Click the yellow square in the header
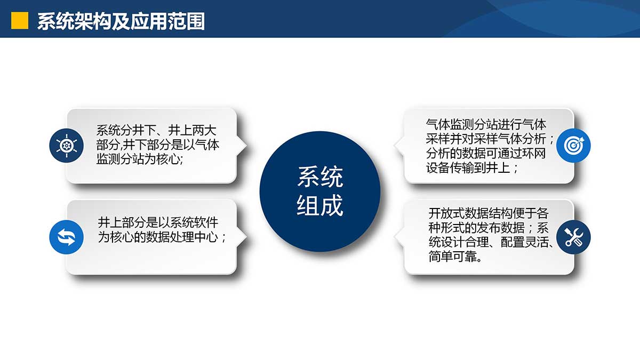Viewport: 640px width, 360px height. click(x=20, y=21)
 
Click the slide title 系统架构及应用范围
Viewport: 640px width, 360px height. click(x=121, y=21)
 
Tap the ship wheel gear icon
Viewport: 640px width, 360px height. click(x=66, y=146)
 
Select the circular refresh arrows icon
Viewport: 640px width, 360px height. click(x=66, y=237)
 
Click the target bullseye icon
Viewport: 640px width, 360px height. click(x=573, y=146)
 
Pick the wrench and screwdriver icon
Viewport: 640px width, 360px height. click(x=573, y=237)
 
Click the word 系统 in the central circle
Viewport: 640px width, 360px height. click(x=320, y=177)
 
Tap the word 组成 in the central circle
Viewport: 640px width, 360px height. click(x=320, y=205)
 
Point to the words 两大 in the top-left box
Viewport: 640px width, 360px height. click(x=204, y=131)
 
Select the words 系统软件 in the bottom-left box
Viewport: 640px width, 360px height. click(x=194, y=222)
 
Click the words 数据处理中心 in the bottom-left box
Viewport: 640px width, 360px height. click(x=182, y=237)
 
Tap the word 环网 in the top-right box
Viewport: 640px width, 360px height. click(x=534, y=153)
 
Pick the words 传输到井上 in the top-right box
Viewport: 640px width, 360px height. click(x=481, y=167)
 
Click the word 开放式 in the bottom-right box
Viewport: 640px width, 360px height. click(x=446, y=213)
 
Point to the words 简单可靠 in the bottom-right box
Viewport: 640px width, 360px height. click(x=453, y=257)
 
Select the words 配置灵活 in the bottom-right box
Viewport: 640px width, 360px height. click(x=525, y=242)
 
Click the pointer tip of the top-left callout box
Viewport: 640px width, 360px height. click(x=246, y=146)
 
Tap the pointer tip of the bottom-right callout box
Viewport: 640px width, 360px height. click(x=394, y=237)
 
